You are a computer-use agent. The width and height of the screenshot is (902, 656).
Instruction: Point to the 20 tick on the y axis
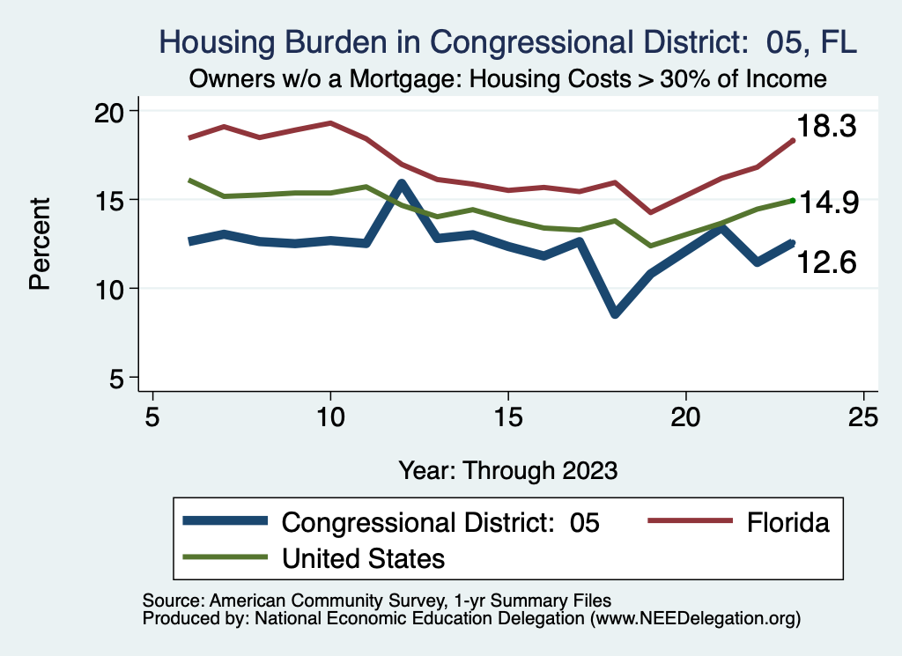point(116,111)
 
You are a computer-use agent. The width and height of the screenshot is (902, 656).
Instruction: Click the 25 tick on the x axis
point(863,416)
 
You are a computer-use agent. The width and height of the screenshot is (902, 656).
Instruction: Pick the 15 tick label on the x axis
point(507,416)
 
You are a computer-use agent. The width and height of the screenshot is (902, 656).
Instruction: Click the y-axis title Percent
point(39,244)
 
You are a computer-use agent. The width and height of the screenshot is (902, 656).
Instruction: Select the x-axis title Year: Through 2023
point(507,469)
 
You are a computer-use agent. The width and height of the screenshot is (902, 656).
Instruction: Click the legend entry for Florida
point(787,522)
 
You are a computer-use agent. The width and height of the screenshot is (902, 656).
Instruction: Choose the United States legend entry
point(363,557)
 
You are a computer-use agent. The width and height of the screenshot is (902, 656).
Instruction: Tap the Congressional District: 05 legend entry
point(440,522)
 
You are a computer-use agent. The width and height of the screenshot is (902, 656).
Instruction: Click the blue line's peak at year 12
point(402,184)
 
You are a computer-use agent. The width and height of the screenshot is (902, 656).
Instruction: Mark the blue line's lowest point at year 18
point(615,313)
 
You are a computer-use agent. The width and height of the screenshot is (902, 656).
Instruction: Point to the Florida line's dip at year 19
point(650,212)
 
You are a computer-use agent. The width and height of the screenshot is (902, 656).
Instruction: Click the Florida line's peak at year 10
point(330,123)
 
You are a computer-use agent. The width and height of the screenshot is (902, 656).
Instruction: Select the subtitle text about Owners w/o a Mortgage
point(507,79)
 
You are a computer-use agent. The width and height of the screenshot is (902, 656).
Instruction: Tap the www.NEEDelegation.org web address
point(696,618)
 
